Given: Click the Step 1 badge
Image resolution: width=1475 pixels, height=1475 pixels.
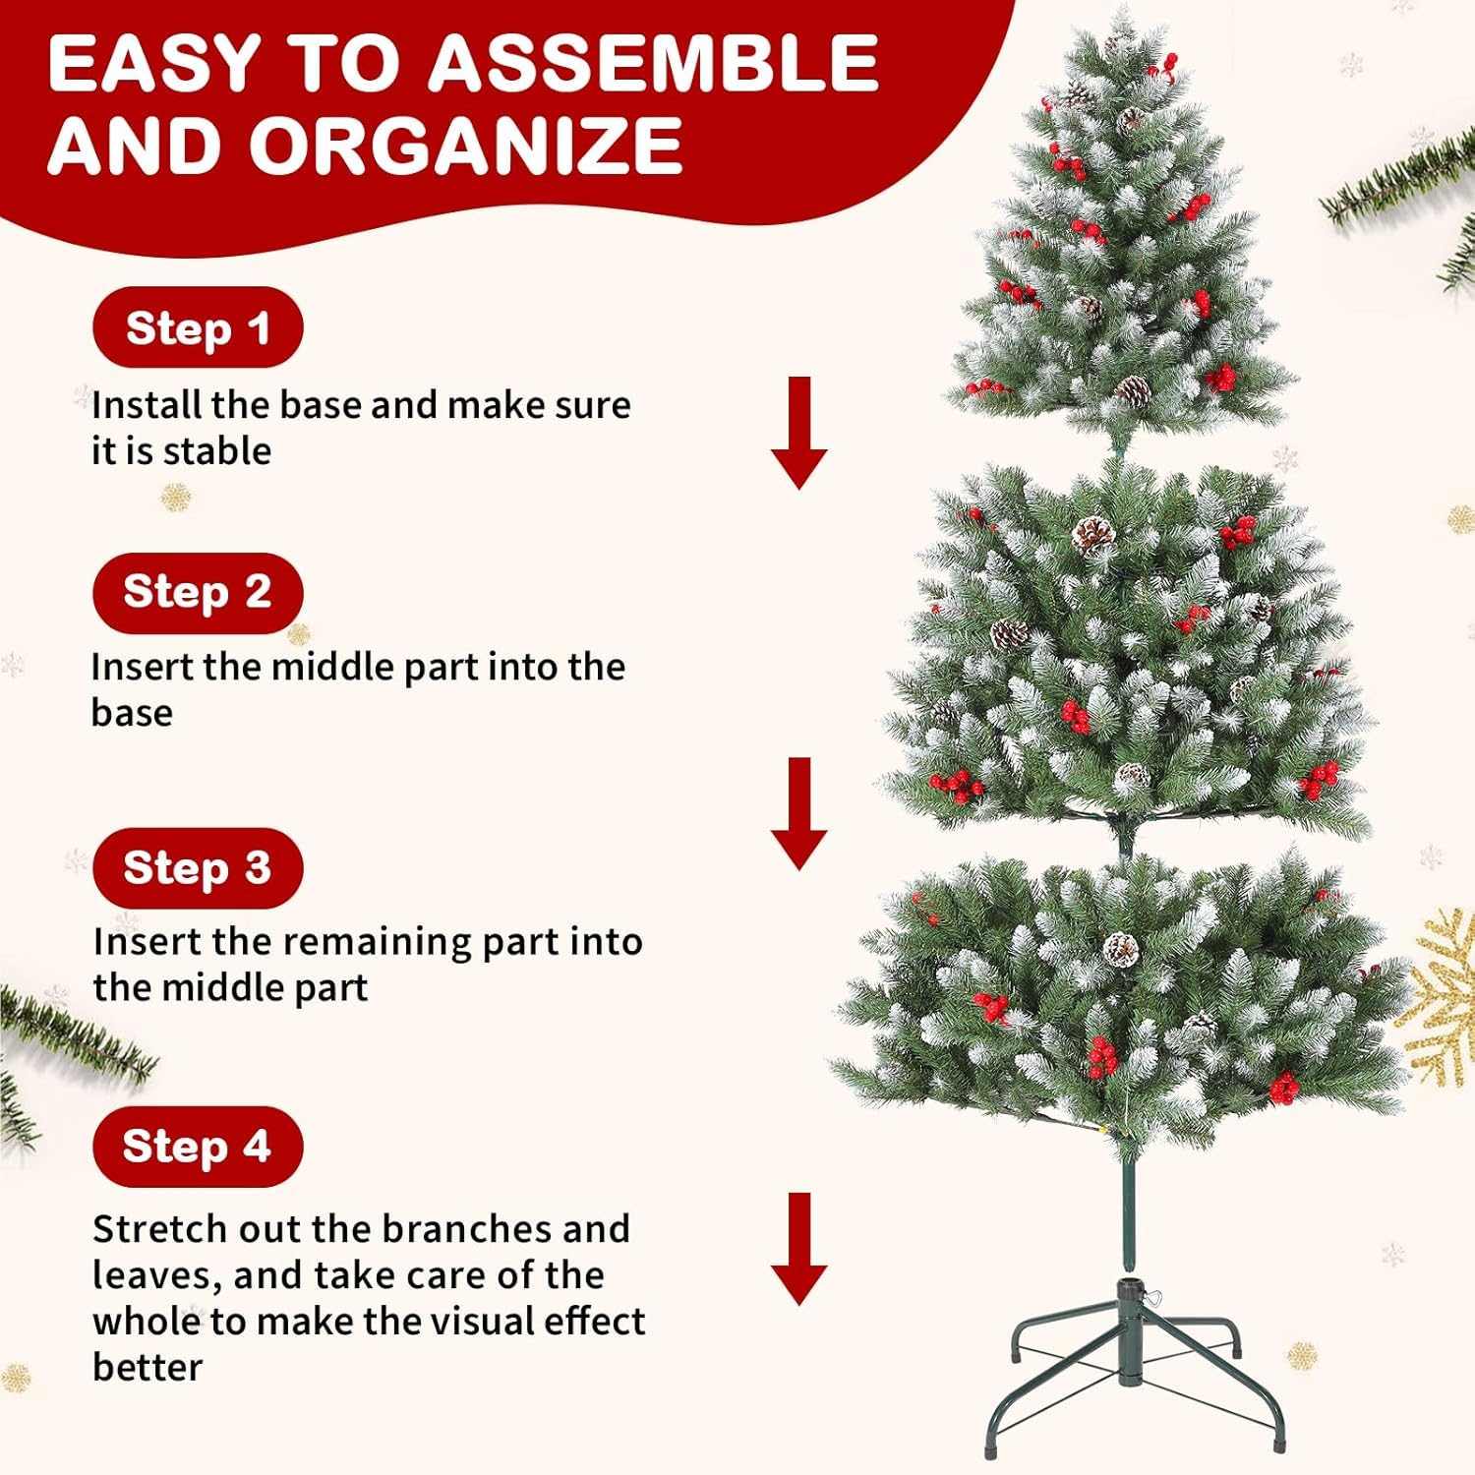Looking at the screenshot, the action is (x=198, y=327).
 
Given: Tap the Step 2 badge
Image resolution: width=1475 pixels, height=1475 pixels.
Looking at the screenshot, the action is (x=198, y=592).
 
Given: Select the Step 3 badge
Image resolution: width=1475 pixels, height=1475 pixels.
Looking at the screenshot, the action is (x=198, y=867).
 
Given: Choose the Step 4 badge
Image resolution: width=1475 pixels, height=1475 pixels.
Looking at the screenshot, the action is (x=198, y=1146).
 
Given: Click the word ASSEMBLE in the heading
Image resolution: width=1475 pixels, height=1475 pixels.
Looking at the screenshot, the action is (x=653, y=63).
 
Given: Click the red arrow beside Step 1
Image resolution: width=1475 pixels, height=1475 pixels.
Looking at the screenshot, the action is (x=799, y=433).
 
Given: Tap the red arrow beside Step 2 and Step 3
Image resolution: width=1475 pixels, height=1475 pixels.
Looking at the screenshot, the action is (x=799, y=814).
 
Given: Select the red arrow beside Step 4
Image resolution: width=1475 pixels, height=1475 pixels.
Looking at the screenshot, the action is (x=799, y=1249).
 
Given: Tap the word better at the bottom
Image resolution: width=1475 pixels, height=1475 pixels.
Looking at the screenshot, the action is (x=147, y=1367).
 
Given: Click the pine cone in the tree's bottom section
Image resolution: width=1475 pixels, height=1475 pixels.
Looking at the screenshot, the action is (x=1121, y=949).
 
